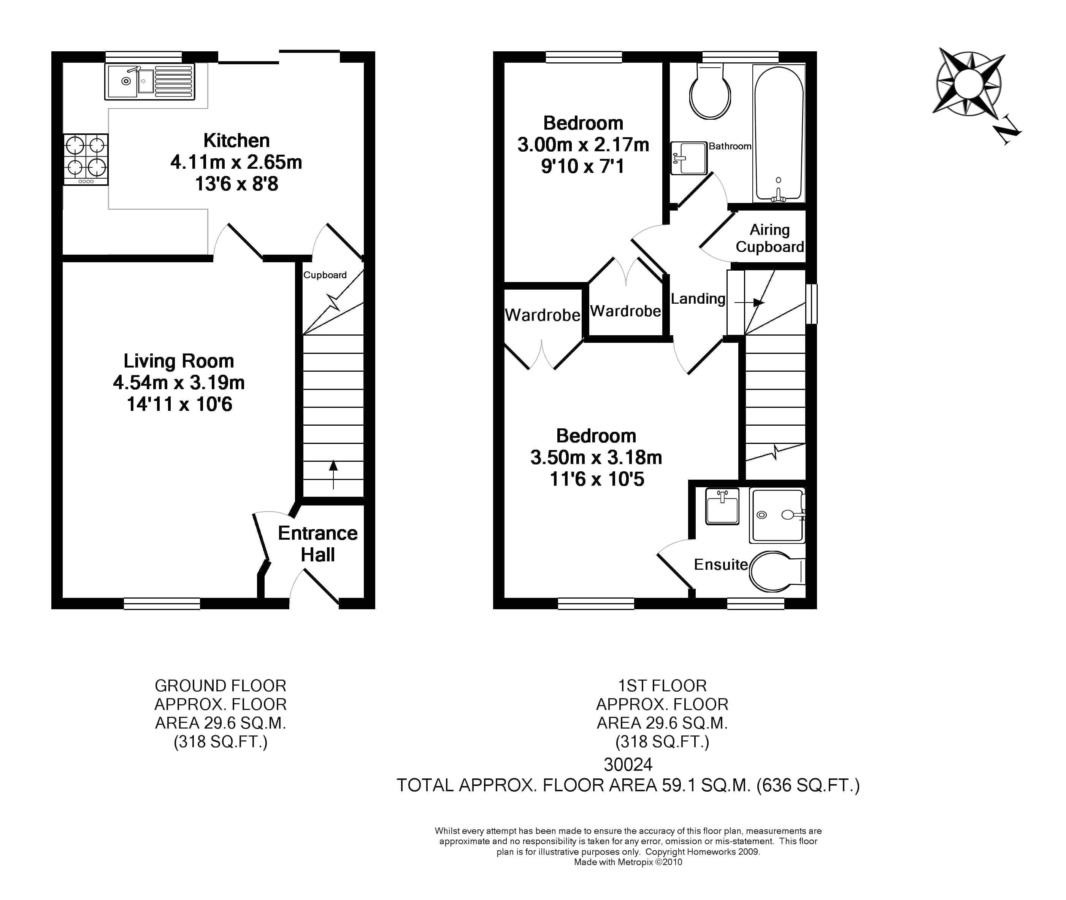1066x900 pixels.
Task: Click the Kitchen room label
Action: (236, 140)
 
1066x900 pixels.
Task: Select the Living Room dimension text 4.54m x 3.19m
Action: (179, 383)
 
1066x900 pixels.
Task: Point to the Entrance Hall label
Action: (317, 544)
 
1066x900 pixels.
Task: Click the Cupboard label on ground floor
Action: (325, 275)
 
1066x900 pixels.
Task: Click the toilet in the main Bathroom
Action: (710, 94)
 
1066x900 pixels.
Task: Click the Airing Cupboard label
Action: (769, 238)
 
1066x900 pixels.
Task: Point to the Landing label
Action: (698, 298)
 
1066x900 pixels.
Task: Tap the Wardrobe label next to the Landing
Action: (625, 311)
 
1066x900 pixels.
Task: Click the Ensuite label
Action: (720, 564)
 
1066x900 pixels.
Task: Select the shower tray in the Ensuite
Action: (776, 515)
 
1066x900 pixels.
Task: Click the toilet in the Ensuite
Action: (775, 571)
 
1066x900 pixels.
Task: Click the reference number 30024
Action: (628, 764)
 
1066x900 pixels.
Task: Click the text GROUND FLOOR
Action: (220, 685)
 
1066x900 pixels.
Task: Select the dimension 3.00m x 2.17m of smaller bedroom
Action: (583, 145)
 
